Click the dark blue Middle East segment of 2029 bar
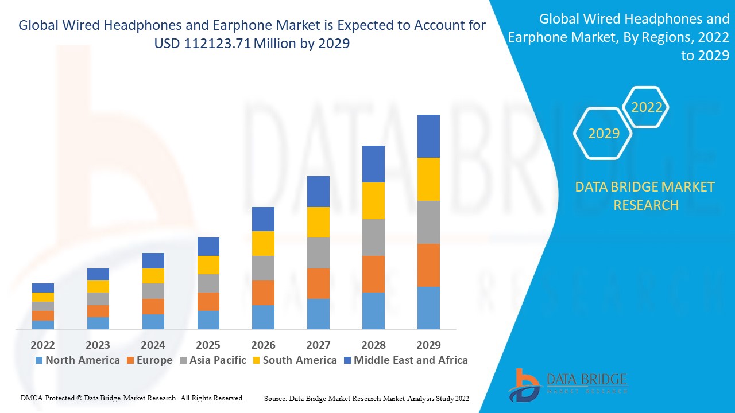tap(428, 136)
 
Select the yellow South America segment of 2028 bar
tap(373, 201)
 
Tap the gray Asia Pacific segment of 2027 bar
tap(318, 253)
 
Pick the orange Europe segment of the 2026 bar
tap(263, 293)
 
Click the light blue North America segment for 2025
tap(208, 320)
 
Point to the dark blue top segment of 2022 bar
tap(43, 288)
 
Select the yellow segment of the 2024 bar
tap(153, 276)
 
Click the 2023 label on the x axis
tap(98, 345)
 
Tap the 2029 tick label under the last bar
tap(428, 345)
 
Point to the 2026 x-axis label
tap(263, 345)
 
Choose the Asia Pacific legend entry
tap(212, 360)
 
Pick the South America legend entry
tap(294, 360)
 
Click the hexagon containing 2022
tap(647, 107)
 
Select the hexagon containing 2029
tap(604, 134)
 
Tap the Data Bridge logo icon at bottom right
tap(523, 385)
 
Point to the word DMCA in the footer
tap(32, 398)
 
